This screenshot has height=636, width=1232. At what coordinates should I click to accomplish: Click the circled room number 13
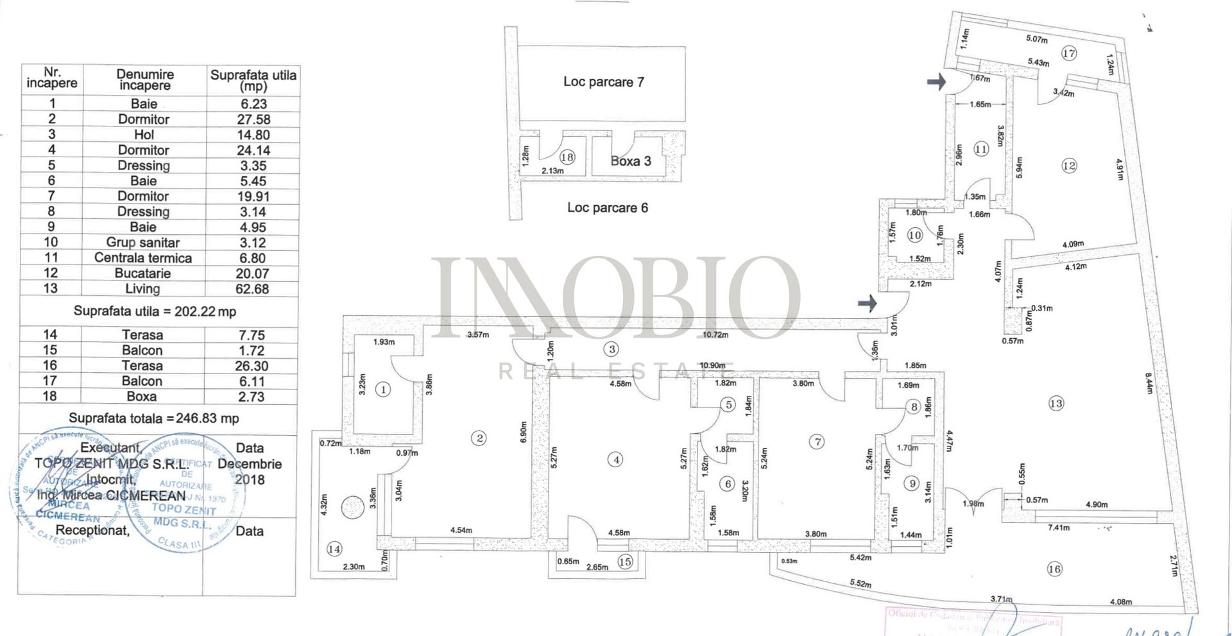point(1056,403)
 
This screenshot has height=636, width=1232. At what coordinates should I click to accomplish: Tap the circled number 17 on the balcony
point(1068,53)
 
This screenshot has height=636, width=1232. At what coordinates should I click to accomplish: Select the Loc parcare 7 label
point(603,82)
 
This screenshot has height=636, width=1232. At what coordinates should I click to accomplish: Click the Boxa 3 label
point(630,161)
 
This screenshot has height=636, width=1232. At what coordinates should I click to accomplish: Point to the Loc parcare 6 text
point(607,207)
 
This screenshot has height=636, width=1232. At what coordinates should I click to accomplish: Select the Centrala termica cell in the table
point(143,258)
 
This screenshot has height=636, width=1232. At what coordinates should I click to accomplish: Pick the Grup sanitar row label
point(143,243)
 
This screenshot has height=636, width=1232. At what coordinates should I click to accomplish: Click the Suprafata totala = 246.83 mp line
point(154,418)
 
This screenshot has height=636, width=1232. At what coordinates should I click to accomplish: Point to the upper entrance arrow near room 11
point(936,82)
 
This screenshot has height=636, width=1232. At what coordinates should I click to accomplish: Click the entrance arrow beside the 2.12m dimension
point(868,303)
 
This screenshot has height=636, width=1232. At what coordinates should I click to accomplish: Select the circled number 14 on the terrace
point(334,549)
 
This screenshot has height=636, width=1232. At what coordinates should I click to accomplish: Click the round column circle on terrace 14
point(352,508)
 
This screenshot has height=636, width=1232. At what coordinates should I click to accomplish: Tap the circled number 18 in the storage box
point(567,157)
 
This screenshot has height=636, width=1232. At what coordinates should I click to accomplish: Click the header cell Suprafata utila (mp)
point(253,80)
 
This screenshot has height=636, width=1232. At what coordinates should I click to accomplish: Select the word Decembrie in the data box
point(250,464)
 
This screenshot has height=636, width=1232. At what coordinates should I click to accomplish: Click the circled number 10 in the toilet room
point(915,236)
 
